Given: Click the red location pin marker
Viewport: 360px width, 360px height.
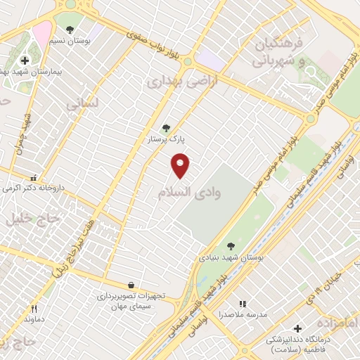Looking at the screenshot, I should [x=181, y=165].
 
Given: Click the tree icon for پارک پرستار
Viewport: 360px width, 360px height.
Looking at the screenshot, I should [x=166, y=128].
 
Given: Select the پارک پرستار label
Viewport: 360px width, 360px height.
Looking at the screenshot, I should [x=166, y=140].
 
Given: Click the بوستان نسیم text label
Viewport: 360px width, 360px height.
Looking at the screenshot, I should [x=71, y=41].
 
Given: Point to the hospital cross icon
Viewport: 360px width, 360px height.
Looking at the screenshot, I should [x=25, y=60].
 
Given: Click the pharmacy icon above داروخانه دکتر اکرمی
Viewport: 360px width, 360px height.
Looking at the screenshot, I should [x=33, y=178].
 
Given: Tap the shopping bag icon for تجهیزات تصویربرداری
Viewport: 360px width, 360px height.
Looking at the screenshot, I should [x=131, y=285].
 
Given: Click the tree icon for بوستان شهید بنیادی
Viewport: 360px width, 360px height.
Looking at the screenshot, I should [x=231, y=246].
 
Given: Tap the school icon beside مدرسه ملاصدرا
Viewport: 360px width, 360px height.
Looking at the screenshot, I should [x=243, y=304].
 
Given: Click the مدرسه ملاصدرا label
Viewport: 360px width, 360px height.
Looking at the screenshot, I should [x=243, y=315].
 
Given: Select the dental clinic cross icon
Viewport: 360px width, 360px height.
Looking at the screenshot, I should [x=297, y=328].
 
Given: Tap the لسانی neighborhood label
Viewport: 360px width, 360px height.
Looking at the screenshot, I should [x=82, y=103].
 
